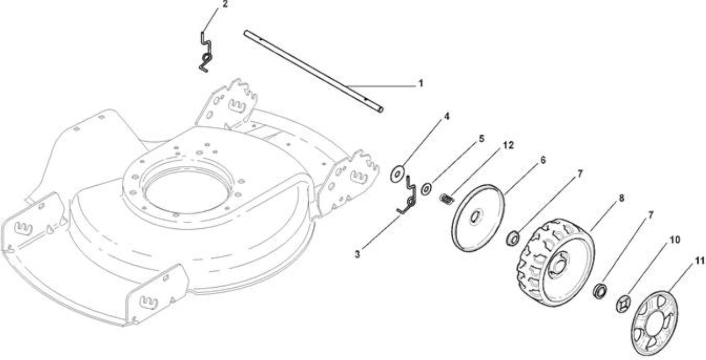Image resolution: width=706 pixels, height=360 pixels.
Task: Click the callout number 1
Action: pos(420,84)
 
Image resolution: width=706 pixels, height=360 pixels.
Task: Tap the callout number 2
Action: pos(224,4)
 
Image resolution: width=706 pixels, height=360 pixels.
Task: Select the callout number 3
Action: pos(357,254)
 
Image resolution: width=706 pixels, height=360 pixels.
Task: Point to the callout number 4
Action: pos(447,116)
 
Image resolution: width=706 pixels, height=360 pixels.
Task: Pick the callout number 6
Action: pos(543,160)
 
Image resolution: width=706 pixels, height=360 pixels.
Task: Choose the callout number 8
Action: pos(621,198)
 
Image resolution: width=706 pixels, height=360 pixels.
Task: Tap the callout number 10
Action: pos(675,240)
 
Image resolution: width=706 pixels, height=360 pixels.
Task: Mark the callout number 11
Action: pos(699,261)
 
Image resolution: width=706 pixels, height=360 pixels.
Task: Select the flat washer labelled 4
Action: pos(397,174)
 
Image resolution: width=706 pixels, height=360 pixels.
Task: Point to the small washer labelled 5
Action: pos(426,190)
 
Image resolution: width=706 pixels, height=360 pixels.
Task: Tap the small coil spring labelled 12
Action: pos(447,199)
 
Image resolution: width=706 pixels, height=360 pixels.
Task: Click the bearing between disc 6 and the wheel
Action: pos(512,238)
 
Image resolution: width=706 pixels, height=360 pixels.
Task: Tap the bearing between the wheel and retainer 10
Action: pos(600,291)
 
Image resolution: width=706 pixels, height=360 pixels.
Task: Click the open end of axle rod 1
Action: pos(381,110)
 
